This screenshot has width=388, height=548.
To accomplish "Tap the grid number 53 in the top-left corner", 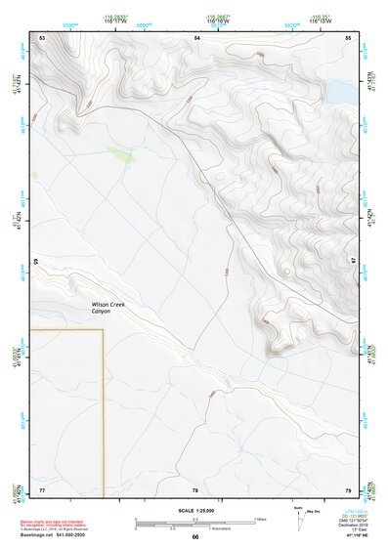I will click(42, 37).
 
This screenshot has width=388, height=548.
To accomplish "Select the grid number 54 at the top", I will click(195, 37).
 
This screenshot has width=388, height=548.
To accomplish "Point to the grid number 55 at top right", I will click(349, 37).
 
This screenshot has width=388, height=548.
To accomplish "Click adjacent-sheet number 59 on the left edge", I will click(37, 262).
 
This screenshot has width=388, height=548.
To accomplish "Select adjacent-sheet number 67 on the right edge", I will click(354, 262).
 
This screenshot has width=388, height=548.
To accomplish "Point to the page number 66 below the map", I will click(195, 537).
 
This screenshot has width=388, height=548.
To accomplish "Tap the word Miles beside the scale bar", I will click(261, 518).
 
